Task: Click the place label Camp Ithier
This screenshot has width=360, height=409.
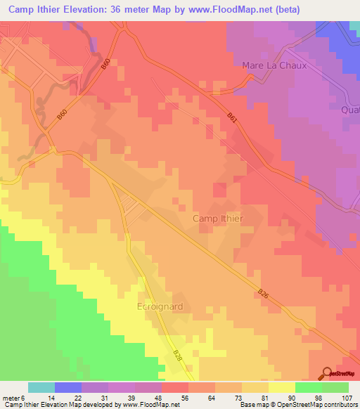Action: click(x=218, y=219)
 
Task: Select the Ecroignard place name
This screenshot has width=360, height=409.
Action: click(x=160, y=307)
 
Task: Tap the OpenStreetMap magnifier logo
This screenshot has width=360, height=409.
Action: click(x=328, y=373)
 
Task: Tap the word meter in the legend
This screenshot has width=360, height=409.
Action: click(x=11, y=397)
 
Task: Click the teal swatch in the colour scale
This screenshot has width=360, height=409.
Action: click(x=41, y=387)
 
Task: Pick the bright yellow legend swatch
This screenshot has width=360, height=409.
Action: click(x=281, y=387)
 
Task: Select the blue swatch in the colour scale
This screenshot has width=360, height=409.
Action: click(x=68, y=387)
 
